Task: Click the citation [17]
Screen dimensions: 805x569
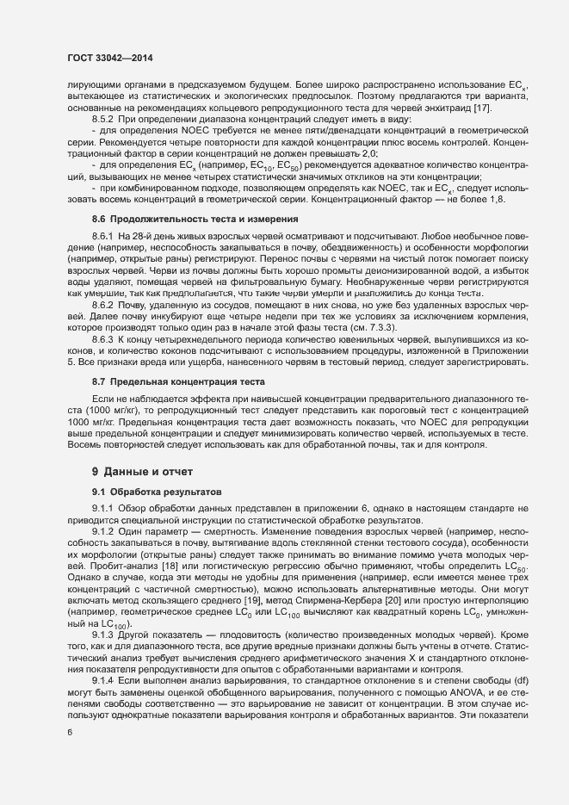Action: (x=506, y=107)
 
